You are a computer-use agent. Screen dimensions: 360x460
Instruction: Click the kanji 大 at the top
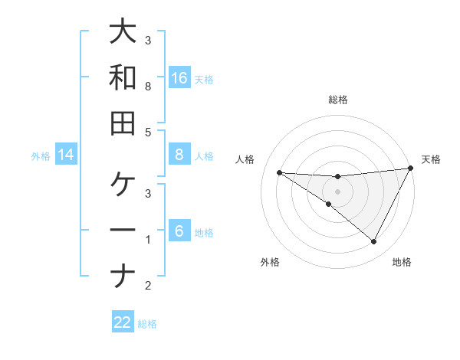tap(123, 33)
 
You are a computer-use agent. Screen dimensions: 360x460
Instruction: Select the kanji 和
tap(123, 77)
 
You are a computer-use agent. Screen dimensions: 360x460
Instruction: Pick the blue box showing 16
tap(179, 77)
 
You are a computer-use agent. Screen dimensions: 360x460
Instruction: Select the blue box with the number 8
tap(179, 155)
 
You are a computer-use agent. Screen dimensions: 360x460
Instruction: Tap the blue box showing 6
tap(179, 231)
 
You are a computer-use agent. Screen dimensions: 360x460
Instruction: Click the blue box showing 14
tap(66, 155)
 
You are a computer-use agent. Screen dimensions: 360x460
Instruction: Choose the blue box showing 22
tap(123, 322)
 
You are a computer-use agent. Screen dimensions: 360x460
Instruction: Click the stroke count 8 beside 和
tap(148, 87)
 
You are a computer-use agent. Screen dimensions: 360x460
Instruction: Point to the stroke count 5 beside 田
tap(148, 132)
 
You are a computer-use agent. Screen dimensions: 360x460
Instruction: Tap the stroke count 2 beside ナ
tap(148, 286)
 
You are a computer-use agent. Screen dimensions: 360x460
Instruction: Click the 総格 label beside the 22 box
tap(147, 324)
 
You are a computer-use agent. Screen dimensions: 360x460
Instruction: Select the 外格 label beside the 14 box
tap(41, 156)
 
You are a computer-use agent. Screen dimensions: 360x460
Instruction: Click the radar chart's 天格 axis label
tap(431, 159)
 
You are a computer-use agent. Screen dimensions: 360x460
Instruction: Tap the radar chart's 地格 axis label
tap(402, 262)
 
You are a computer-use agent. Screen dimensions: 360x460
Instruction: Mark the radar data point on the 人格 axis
tap(279, 172)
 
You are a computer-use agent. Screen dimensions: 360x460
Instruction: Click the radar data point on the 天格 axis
tap(411, 169)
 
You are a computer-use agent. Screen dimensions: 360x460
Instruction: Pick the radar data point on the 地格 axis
tap(373, 242)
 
